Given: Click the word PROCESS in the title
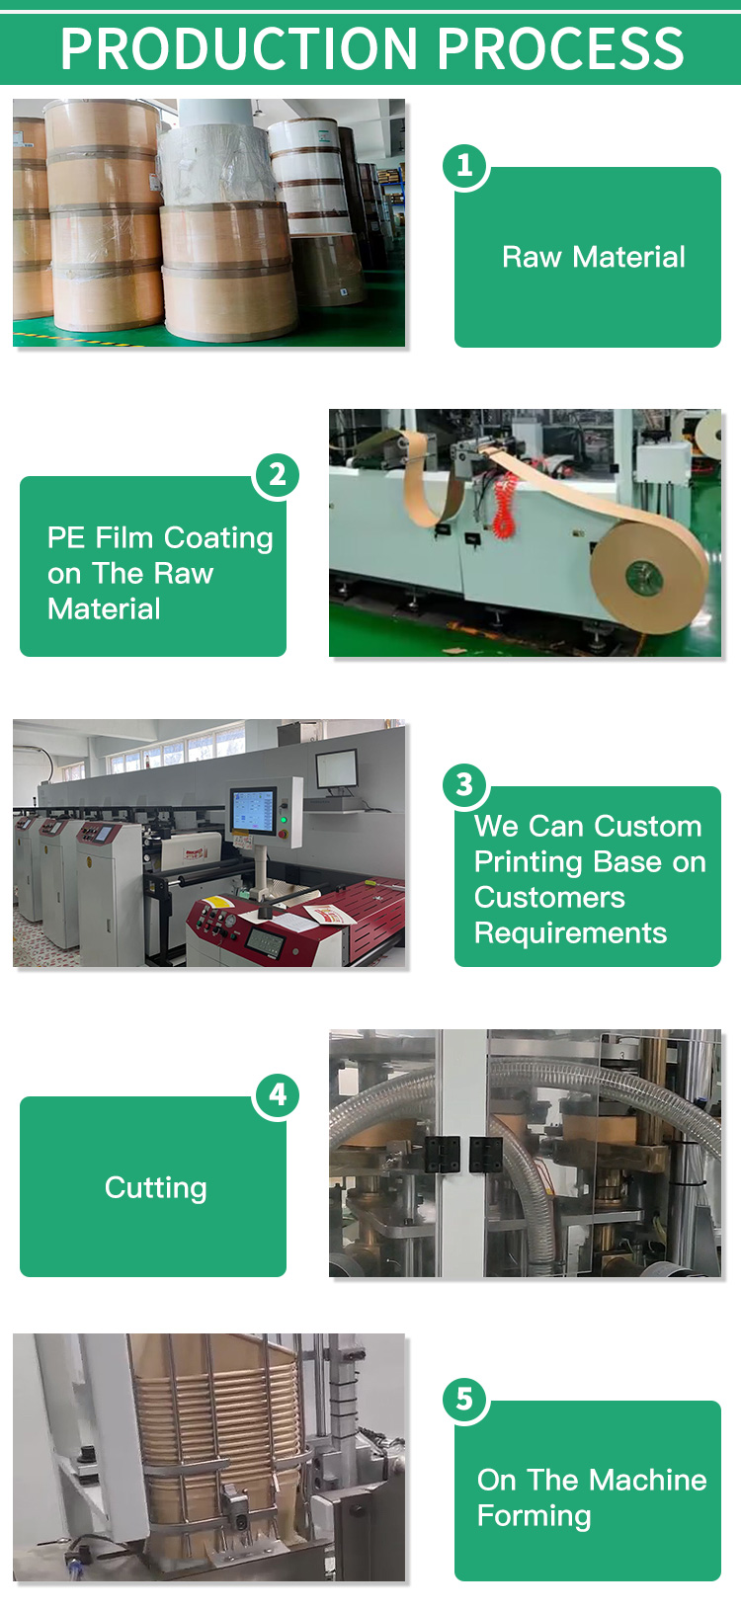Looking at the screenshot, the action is (x=560, y=49).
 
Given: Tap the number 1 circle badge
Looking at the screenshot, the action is (x=464, y=166).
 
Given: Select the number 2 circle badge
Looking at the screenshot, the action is (x=277, y=475).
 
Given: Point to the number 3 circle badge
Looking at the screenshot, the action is (x=464, y=784).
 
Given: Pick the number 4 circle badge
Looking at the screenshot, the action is (x=277, y=1095).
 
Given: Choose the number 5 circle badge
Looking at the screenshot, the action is (x=464, y=1399).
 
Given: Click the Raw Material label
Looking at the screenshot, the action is (x=594, y=257).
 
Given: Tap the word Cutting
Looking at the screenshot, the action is (x=155, y=1188).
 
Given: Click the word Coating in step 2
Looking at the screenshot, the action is (x=218, y=538).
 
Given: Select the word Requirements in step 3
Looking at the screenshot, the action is (x=570, y=933).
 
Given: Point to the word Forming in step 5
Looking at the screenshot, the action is (x=534, y=1516).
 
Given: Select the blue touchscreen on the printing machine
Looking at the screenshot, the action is (x=253, y=811).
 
